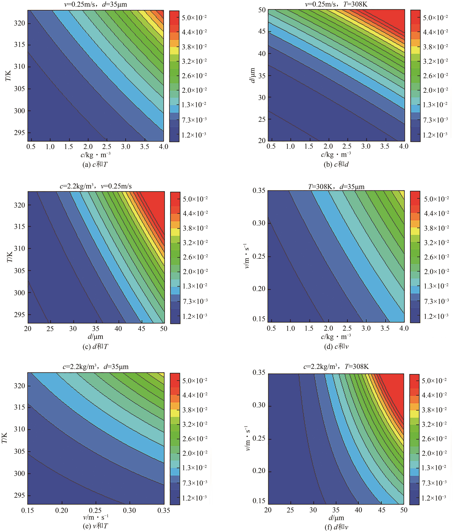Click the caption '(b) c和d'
(336, 164)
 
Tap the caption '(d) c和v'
(336, 346)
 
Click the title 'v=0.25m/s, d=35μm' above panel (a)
(95, 4)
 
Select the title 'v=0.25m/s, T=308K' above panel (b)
(336, 4)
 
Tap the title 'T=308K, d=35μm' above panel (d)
(336, 187)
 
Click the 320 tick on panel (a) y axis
(19, 23)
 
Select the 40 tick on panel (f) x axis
(358, 510)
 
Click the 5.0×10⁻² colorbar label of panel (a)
(194, 18)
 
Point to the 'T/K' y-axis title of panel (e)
(4, 438)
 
